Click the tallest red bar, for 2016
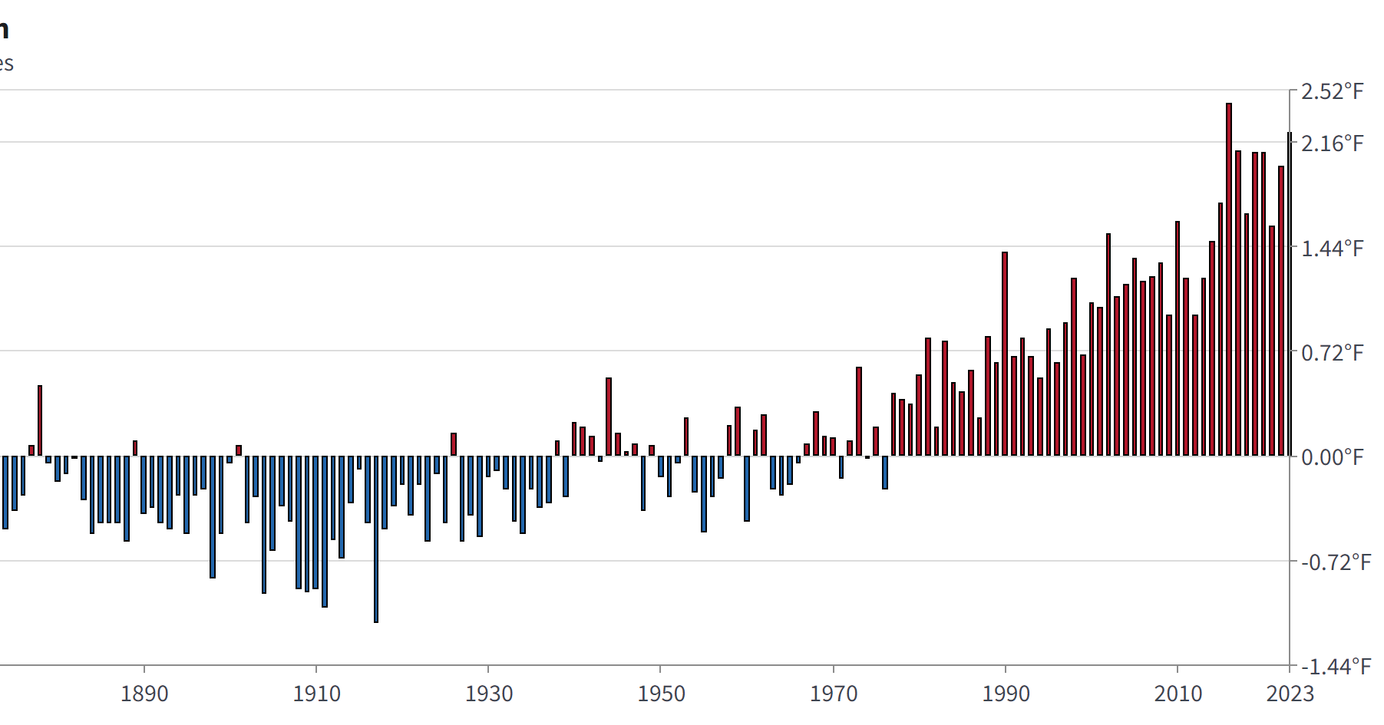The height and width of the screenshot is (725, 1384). (1229, 279)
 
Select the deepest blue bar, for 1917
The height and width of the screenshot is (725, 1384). (376, 539)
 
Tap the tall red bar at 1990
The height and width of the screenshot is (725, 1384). (1005, 354)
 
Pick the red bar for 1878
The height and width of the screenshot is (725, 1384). (40, 420)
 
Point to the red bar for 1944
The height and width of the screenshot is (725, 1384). (609, 417)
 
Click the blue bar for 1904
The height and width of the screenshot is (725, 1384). (264, 524)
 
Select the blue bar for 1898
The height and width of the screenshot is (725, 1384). (213, 516)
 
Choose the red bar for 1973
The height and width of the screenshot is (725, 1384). (859, 411)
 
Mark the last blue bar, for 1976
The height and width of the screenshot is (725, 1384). (885, 472)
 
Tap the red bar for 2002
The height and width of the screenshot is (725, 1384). (1108, 344)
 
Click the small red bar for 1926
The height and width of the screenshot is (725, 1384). (454, 444)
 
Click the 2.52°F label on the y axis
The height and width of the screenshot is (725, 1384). (1332, 92)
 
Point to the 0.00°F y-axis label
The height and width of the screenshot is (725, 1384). (1332, 457)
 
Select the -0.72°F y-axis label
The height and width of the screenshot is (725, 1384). (1335, 562)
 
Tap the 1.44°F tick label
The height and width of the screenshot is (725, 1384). (1332, 249)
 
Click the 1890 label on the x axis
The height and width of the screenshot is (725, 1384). (144, 694)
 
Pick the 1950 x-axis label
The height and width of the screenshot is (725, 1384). (661, 694)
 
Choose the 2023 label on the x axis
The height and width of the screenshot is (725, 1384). (1290, 694)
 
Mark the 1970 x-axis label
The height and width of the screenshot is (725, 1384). (834, 694)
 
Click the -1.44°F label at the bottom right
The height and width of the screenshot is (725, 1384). (1335, 667)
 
